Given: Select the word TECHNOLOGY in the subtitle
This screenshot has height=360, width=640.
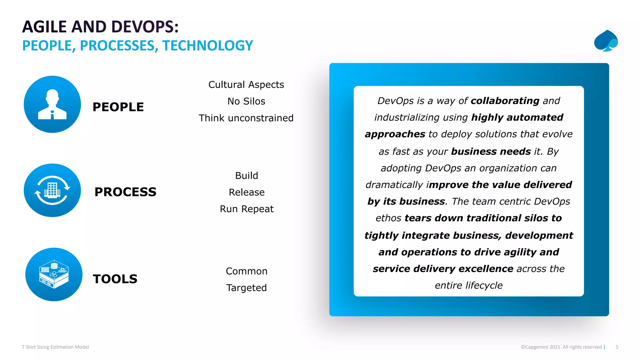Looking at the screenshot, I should point(207,46).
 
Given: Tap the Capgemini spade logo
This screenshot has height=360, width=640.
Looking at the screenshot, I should point(606,41).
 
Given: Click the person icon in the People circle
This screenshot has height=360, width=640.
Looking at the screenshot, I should point(52,104).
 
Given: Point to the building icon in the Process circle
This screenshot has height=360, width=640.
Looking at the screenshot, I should point(52,190).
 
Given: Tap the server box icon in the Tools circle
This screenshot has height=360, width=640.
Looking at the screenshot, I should point(54,274).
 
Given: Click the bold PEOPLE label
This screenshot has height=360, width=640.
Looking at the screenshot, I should point(118,107).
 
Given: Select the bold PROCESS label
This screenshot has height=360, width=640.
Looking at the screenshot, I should point(125,192).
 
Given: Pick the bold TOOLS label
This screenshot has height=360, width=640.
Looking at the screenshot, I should point(115,279).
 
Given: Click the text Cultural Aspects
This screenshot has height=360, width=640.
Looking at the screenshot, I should point(246,85).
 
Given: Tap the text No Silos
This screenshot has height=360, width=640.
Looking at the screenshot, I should point(246,101).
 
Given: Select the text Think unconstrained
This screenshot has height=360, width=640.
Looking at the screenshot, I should point(246,118).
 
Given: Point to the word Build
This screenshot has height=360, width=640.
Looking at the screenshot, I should point(247,176).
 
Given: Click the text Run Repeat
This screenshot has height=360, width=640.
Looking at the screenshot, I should point(247,209).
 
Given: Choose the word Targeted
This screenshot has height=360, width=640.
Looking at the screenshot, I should point(247,287).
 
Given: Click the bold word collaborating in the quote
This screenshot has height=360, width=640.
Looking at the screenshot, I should point(505,101).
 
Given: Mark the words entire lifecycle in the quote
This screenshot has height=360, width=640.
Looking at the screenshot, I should point(469,285).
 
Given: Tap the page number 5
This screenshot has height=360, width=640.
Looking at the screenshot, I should point(617,347).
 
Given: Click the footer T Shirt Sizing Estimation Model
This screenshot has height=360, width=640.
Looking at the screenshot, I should point(55,347).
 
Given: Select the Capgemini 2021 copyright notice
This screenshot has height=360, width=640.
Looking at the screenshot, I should point(561,347).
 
